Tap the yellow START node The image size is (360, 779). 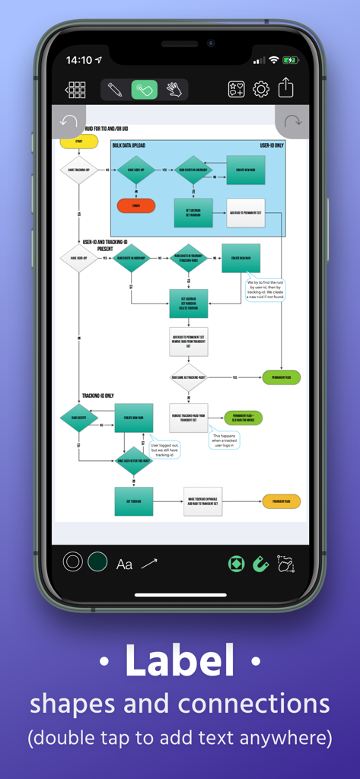click(78, 141)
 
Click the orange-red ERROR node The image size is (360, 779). click(136, 205)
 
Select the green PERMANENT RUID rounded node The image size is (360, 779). click(282, 377)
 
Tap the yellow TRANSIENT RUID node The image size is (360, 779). click(282, 501)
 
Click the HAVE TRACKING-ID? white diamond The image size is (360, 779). click(78, 170)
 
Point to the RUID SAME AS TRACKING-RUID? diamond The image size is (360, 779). click(188, 377)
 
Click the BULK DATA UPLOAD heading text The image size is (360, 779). click(129, 145)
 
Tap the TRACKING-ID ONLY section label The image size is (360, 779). click(98, 396)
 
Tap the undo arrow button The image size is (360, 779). click(68, 122)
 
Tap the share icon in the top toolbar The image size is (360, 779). click(285, 89)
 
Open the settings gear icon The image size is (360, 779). click(261, 90)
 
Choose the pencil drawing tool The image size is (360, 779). click(115, 90)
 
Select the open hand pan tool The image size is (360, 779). click(174, 90)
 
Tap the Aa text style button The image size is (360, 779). click(124, 564)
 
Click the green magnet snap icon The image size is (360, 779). click(261, 564)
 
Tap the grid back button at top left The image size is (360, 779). click(75, 90)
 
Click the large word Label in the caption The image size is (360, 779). click(180, 660)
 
